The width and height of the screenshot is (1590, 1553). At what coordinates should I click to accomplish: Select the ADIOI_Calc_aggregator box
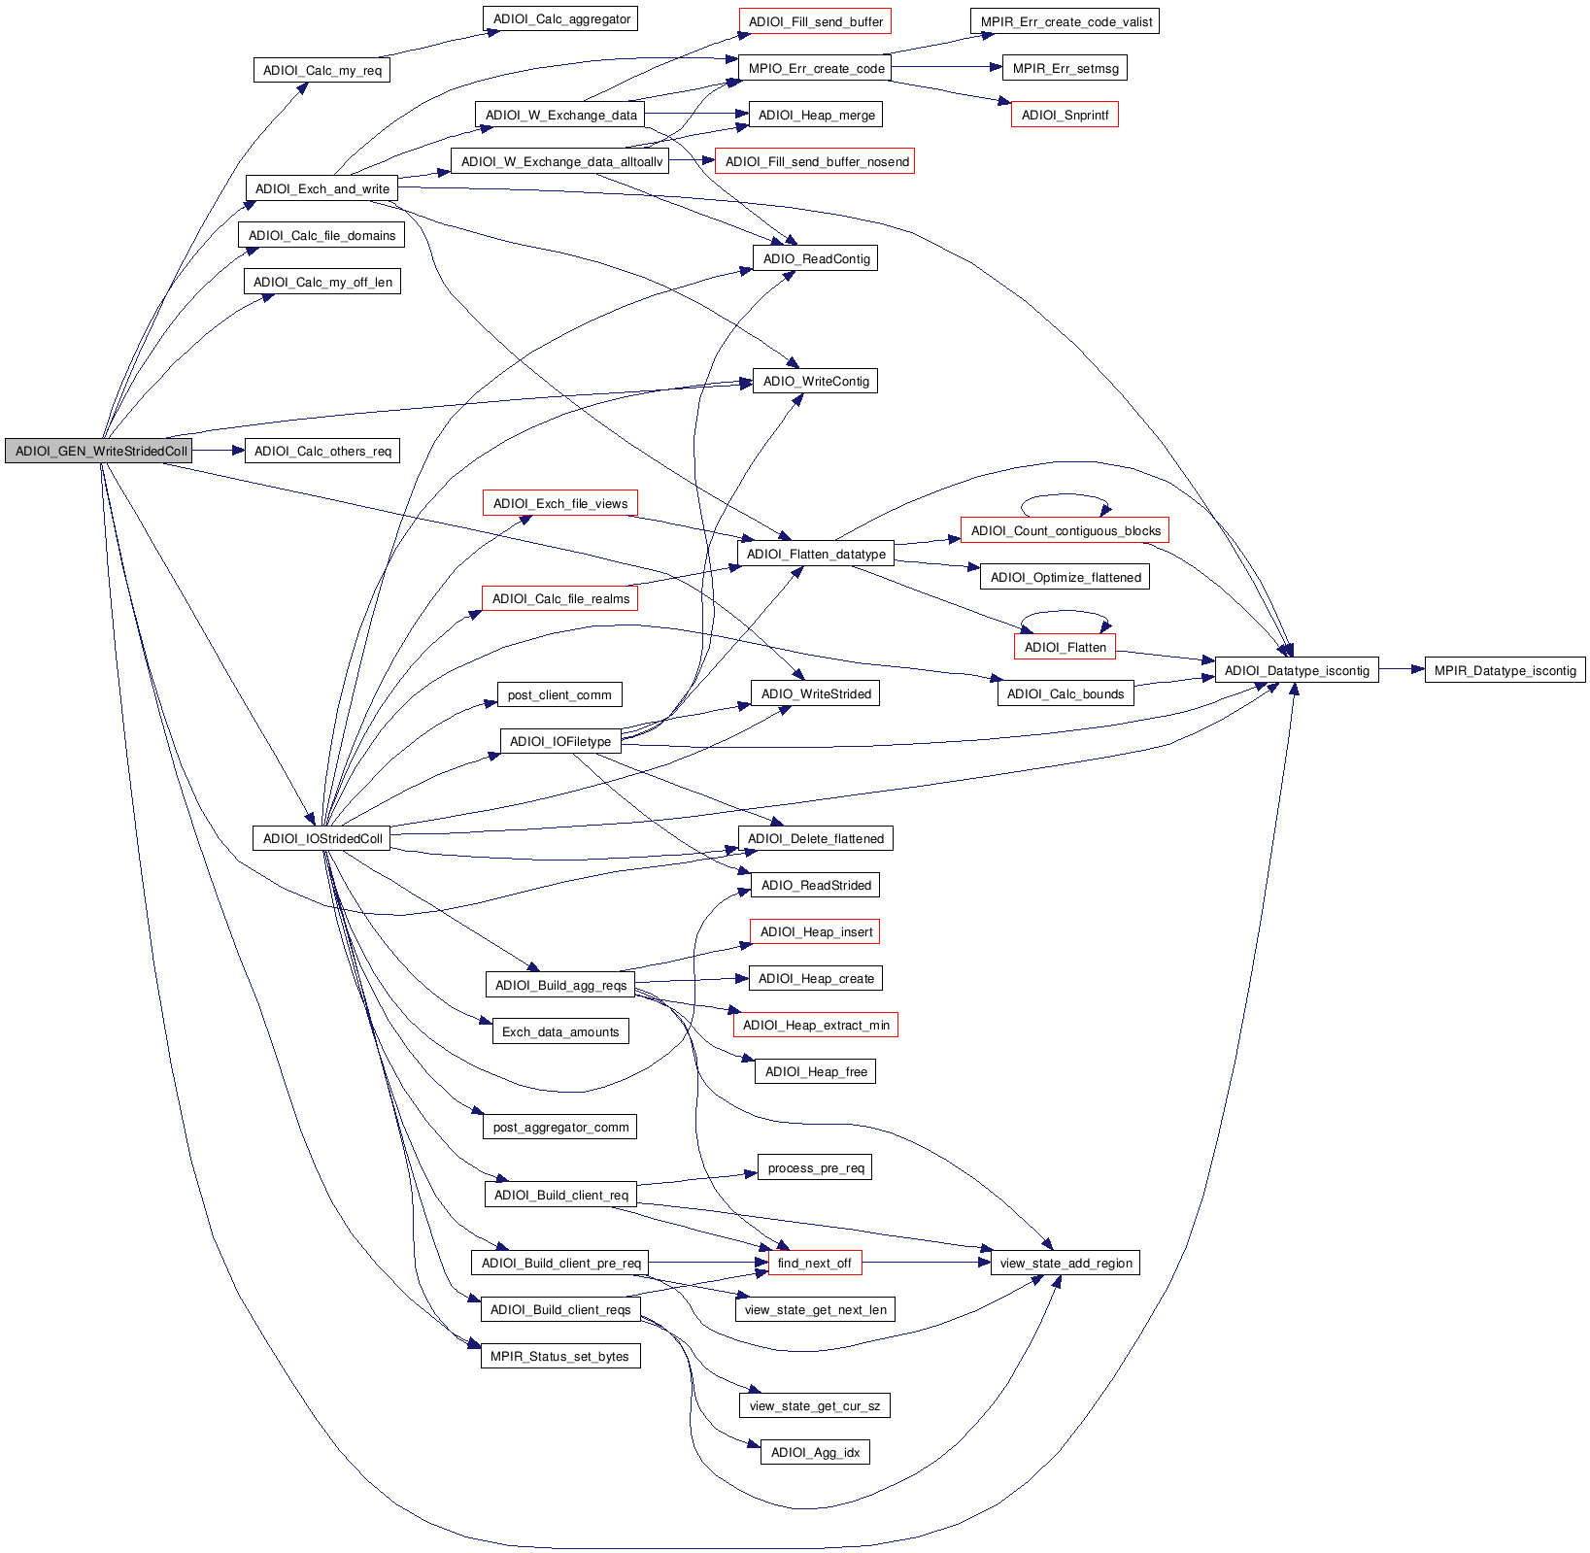coord(559,18)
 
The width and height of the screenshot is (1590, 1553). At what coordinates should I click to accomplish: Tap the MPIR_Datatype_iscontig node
coord(1504,670)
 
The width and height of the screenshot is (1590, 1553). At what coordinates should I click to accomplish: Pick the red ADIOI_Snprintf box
coord(1064,115)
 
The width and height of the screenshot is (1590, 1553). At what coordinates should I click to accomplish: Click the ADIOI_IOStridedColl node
coord(321,838)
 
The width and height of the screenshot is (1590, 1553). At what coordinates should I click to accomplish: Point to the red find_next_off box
coord(813,1263)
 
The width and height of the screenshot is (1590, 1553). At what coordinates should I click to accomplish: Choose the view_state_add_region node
coord(1065,1263)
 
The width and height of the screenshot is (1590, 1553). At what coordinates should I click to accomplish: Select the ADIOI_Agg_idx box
coord(814,1452)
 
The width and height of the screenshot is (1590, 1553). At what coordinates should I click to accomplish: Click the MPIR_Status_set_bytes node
coord(559,1356)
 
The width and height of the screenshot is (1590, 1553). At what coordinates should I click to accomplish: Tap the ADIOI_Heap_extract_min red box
coord(815,1025)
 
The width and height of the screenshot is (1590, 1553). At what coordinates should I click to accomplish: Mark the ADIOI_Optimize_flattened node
coord(1065,577)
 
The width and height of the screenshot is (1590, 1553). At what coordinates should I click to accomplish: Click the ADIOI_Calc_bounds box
coord(1065,693)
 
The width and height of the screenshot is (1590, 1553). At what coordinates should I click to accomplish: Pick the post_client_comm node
coord(559,694)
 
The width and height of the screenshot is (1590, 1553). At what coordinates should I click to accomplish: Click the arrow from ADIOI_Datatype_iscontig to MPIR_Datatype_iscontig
coord(1401,669)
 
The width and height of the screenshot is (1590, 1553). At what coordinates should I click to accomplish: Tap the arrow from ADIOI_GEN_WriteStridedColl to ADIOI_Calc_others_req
coord(219,451)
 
